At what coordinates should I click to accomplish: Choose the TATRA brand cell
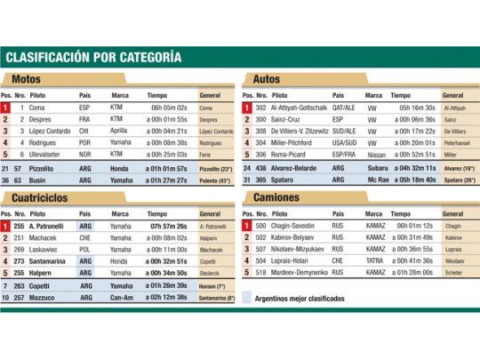(x=374, y=261)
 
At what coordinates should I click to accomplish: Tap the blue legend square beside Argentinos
(x=249, y=298)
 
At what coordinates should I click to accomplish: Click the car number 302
(x=260, y=108)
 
